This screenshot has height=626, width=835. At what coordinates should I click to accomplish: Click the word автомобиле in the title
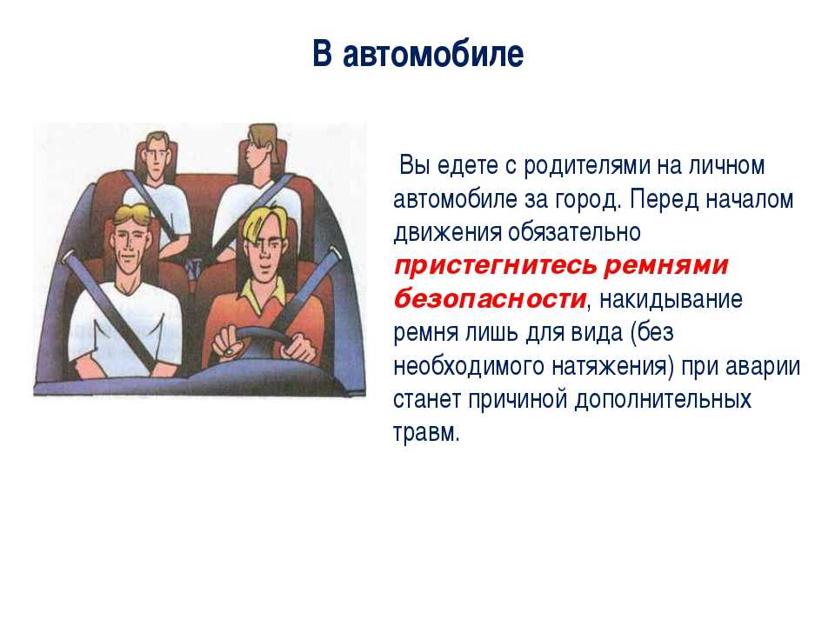pyautogui.click(x=433, y=54)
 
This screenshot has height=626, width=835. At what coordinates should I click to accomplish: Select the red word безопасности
pyautogui.click(x=490, y=299)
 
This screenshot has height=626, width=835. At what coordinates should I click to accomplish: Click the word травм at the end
pyautogui.click(x=425, y=432)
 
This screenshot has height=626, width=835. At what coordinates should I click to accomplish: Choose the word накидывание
pyautogui.click(x=671, y=299)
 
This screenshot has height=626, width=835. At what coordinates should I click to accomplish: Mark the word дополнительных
pyautogui.click(x=663, y=400)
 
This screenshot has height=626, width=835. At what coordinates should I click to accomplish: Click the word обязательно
pyautogui.click(x=574, y=233)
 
